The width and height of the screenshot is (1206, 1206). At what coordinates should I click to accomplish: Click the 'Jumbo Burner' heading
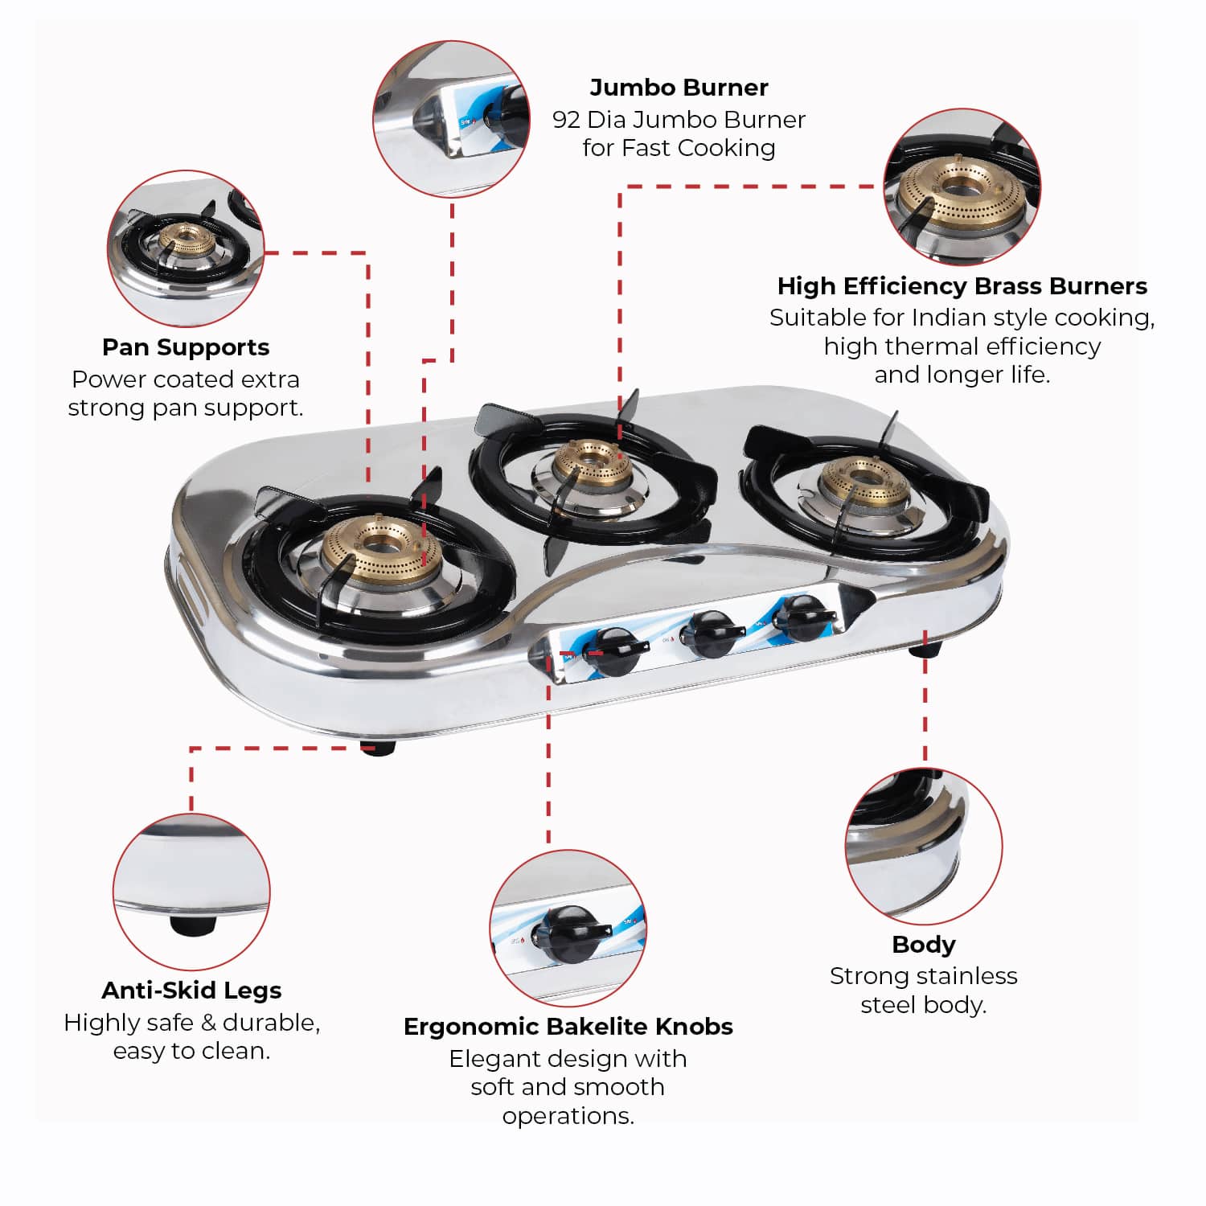pos(679,87)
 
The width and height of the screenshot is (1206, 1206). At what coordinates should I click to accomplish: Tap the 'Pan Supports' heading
pos(186,347)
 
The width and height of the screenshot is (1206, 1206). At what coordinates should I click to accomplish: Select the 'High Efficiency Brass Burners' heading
pos(962,286)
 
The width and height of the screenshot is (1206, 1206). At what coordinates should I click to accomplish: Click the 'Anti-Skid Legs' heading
pos(191,991)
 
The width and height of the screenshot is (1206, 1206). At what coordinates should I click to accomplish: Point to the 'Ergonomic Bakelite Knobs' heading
pos(568,1027)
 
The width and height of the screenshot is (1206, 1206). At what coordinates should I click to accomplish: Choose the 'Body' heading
pos(924,945)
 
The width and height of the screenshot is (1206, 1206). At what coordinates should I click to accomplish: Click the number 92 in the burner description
pos(566,120)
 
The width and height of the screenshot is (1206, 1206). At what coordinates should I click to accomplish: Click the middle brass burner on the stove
pos(593,466)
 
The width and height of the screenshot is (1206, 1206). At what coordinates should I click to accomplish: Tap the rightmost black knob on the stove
pos(803,617)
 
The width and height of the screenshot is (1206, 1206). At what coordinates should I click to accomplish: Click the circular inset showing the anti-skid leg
pos(191,892)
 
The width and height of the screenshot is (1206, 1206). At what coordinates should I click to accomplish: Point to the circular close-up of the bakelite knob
pos(568,928)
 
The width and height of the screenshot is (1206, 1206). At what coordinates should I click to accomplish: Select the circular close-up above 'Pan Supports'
pos(186,248)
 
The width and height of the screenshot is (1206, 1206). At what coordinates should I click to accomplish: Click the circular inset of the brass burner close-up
pos(962,187)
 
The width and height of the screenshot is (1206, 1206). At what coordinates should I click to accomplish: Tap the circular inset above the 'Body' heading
pos(924,846)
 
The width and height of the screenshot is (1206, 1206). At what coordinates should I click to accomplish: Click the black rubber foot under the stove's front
pos(377,747)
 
